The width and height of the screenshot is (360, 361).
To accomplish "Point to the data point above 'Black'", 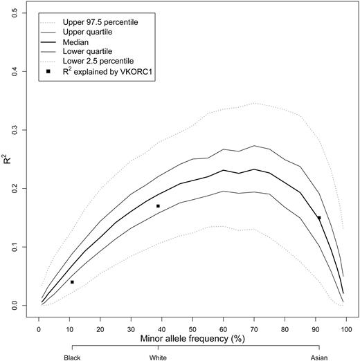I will point(72,282).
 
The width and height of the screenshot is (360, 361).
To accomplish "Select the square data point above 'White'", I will point(158,206).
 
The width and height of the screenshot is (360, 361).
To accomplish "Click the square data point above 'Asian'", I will point(319,218).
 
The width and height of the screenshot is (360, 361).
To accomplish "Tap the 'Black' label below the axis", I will point(72,358).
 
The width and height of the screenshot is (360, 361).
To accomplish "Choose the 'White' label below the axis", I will point(158,358).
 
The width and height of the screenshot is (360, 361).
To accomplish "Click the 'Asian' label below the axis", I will point(319,358).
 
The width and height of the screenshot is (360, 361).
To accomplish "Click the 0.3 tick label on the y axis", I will point(17,129).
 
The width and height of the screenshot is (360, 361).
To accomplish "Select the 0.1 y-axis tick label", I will point(17,247).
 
